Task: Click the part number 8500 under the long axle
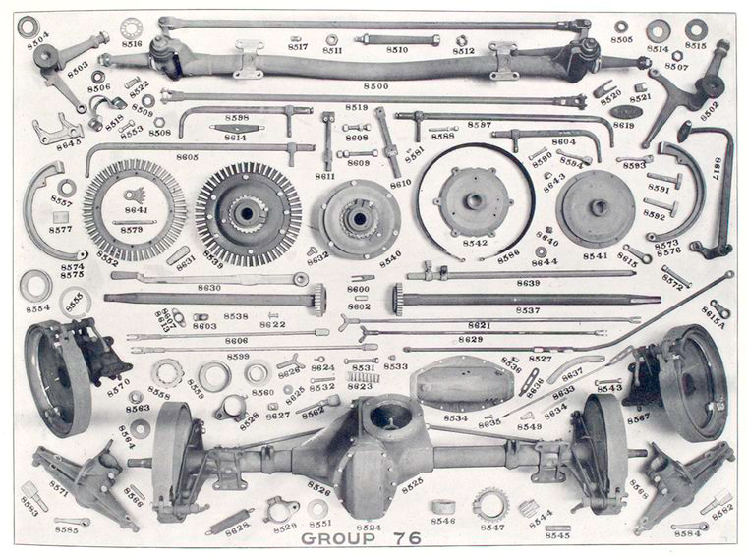[375, 86]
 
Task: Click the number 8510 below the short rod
[397, 50]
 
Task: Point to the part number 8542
[475, 242]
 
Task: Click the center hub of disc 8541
[596, 207]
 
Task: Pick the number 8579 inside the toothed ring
[131, 230]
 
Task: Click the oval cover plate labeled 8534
[452, 382]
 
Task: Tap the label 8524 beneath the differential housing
[369, 528]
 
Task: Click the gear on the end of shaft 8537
[398, 299]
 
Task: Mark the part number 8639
[528, 283]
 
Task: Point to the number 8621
[479, 325]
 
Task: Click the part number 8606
[236, 340]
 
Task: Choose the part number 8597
[479, 125]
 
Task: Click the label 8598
[237, 118]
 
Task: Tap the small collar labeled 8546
[442, 506]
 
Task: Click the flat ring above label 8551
[317, 508]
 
